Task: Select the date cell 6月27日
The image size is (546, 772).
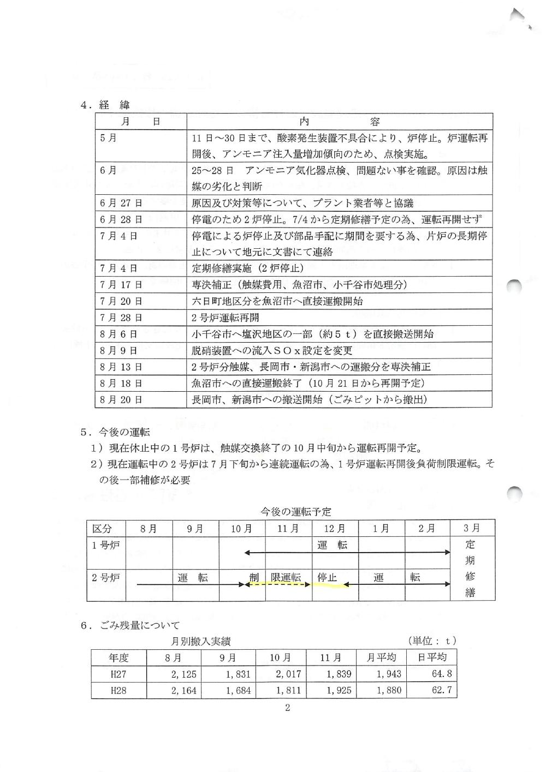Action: [x=121, y=203]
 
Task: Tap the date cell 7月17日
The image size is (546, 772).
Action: [x=121, y=285]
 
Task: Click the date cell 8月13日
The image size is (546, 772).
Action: [x=121, y=367]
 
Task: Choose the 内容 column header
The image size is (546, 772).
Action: [x=339, y=121]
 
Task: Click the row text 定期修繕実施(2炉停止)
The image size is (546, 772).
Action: [x=248, y=268]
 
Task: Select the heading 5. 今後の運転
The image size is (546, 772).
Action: [x=115, y=432]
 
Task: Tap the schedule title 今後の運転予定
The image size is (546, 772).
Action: [x=295, y=512]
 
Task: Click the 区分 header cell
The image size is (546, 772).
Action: [x=102, y=529]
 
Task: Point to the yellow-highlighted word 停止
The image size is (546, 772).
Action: [x=328, y=577]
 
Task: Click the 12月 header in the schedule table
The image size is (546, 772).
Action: [x=334, y=529]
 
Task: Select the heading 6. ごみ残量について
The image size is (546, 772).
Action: [x=130, y=625]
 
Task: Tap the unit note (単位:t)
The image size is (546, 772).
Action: [x=431, y=641]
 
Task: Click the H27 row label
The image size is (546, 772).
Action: [x=118, y=674]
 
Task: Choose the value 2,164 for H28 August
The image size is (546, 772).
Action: [x=183, y=691]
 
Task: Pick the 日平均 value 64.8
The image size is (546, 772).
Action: [x=442, y=674]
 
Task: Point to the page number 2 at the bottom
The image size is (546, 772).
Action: [x=287, y=708]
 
